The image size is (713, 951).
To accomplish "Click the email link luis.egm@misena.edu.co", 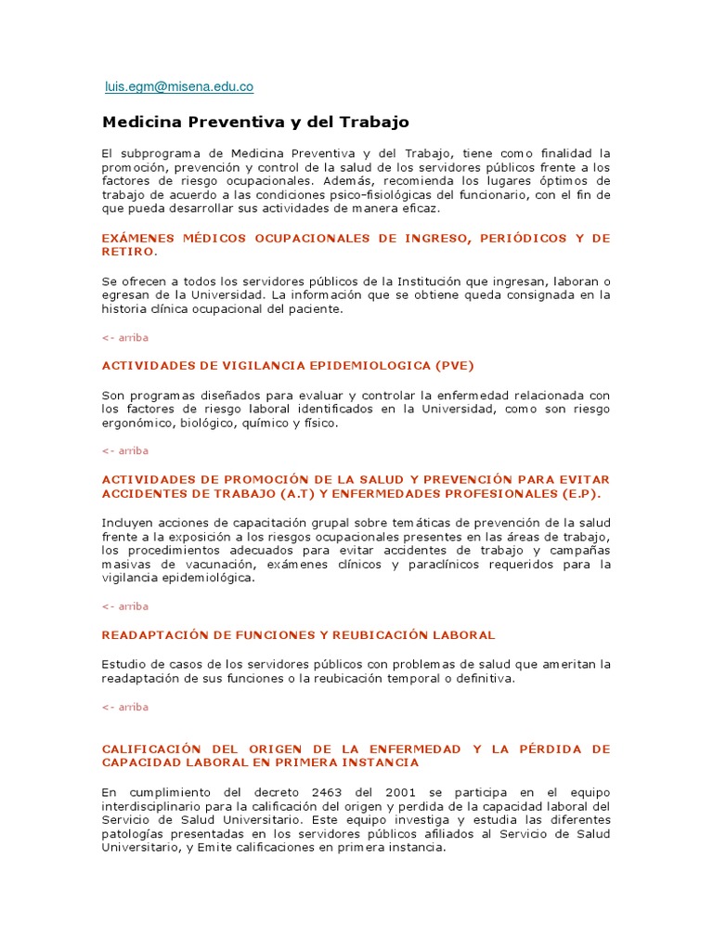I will [x=179, y=86].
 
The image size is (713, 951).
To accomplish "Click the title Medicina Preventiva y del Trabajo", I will [x=254, y=122].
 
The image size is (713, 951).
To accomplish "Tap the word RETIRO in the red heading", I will [x=127, y=252].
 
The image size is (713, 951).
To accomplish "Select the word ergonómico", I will [x=138, y=423].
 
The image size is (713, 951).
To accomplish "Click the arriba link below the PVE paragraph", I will [x=125, y=450].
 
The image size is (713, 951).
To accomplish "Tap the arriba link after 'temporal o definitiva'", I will [x=125, y=707].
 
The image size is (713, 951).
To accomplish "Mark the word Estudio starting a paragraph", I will [x=123, y=664].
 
